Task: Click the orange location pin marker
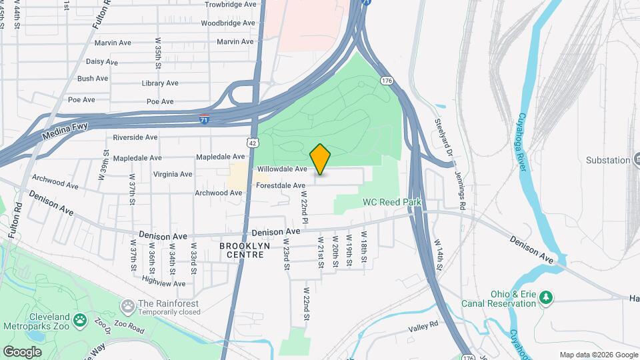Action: coord(321,159)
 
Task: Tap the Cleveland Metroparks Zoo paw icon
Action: coord(79,321)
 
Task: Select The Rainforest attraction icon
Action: coord(127,305)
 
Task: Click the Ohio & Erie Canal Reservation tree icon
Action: coord(546,295)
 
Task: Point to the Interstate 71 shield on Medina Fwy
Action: coord(205,119)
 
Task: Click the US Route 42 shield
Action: coord(251,143)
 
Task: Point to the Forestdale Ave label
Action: coord(281,185)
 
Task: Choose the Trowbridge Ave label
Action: coord(231,4)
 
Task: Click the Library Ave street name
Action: coord(160,83)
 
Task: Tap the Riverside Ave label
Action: coord(135,137)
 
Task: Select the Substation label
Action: coord(608,160)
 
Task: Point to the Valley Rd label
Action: coord(425,325)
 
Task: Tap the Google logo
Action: coord(23,351)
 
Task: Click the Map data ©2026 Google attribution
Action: coord(598,355)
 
